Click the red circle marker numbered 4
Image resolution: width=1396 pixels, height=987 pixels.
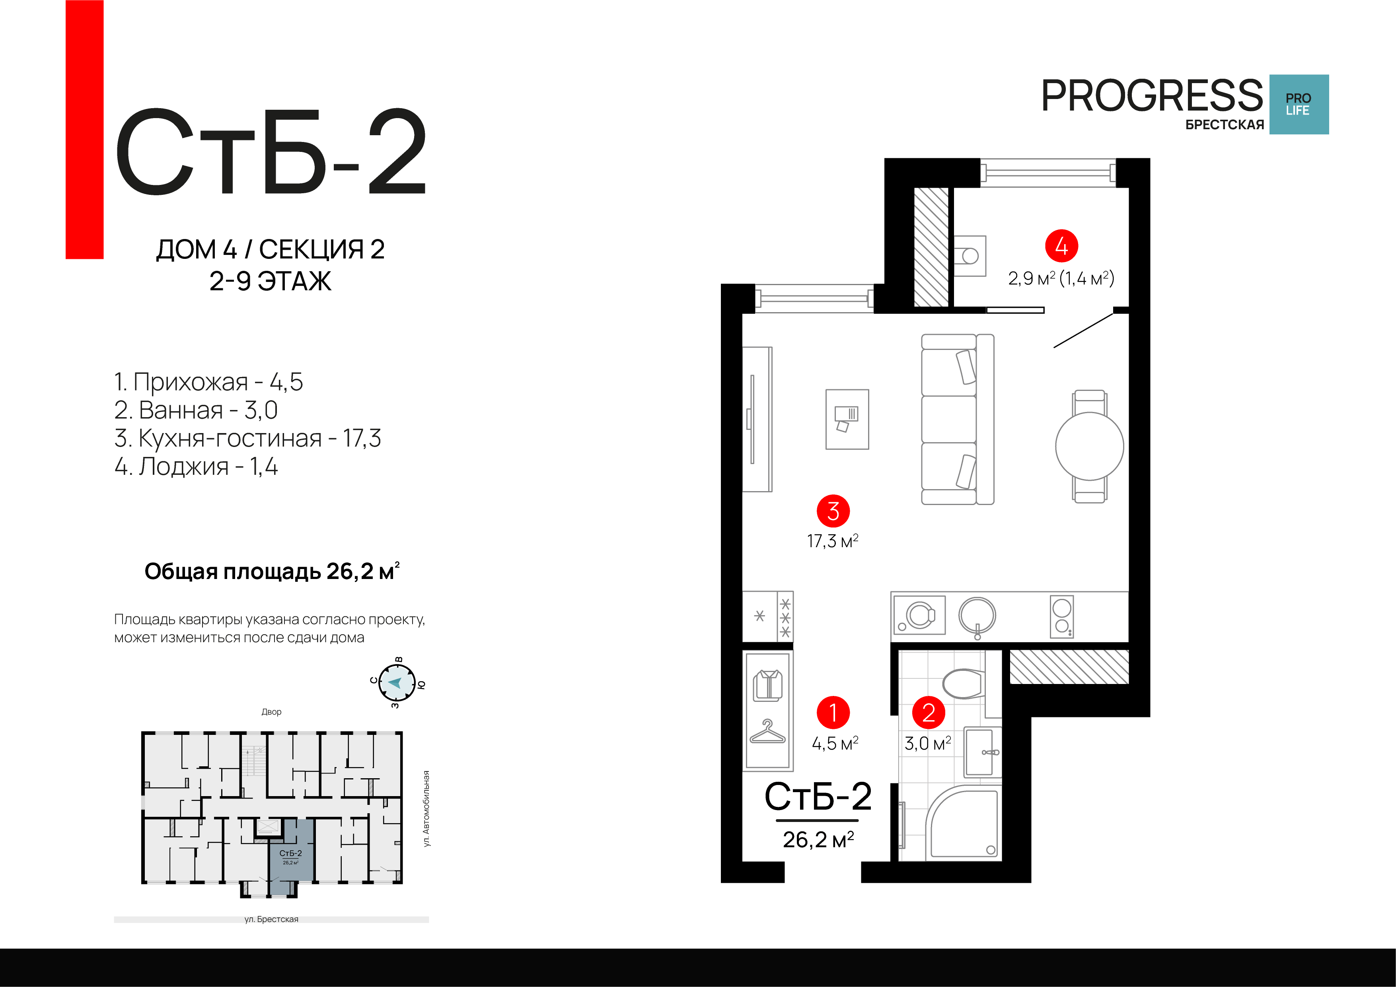(1061, 246)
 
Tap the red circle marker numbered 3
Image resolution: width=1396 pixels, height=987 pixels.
(833, 511)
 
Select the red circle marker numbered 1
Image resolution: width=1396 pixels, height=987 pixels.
(833, 712)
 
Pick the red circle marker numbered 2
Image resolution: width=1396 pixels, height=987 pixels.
(929, 712)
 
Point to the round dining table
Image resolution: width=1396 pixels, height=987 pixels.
(1090, 446)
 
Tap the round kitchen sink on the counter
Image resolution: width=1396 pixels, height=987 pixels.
(977, 616)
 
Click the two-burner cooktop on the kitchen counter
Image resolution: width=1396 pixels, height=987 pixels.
(1061, 616)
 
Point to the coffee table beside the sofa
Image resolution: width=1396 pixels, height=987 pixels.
(847, 420)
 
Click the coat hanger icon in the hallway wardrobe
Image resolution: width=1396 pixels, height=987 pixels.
(767, 732)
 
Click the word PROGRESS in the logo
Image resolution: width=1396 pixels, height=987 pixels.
(1152, 95)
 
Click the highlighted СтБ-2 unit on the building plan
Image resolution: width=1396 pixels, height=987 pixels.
(291, 857)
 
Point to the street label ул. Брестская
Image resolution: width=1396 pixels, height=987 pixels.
(271, 919)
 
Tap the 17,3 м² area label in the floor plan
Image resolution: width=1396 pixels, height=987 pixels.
(832, 541)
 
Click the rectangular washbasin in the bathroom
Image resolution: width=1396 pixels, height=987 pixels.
(981, 752)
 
